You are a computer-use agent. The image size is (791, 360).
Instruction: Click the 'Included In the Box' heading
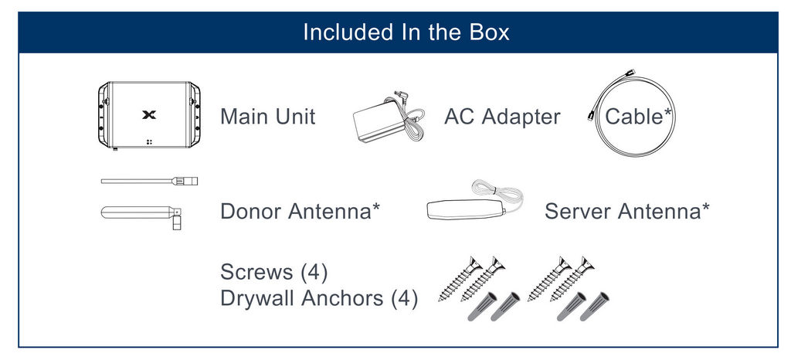[x=406, y=32]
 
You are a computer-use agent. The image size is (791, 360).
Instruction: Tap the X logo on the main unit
[x=149, y=115]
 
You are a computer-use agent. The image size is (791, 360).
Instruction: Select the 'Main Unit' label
[x=268, y=117]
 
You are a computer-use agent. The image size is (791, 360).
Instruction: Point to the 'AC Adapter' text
[x=502, y=117]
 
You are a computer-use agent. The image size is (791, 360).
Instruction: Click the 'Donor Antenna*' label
[x=300, y=211]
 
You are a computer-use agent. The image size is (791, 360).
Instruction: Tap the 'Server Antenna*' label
[x=627, y=211]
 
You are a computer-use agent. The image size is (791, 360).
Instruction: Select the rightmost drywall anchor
[x=593, y=307]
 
